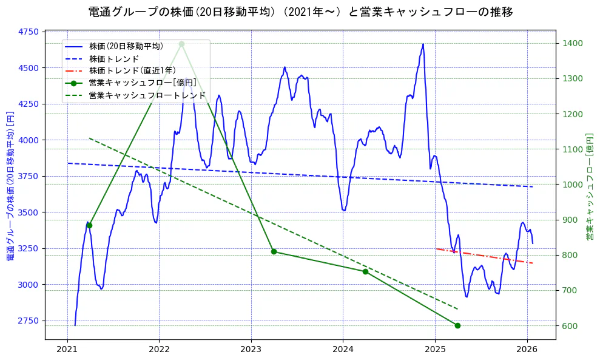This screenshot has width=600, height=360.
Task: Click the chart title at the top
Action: tap(300, 12)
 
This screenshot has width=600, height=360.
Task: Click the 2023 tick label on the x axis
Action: tap(251, 349)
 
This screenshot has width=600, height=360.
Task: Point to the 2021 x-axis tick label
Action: tap(67, 349)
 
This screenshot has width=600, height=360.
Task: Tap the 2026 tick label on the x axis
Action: tap(527, 349)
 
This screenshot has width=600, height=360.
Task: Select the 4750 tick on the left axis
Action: tap(29, 32)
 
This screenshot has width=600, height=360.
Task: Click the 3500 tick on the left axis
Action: tap(29, 212)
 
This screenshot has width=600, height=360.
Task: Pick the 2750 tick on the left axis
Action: tap(29, 321)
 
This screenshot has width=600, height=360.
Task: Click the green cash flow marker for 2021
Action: tap(89, 225)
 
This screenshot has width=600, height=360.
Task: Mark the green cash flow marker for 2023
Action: tap(274, 251)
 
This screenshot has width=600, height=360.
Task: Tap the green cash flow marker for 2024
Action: tap(365, 271)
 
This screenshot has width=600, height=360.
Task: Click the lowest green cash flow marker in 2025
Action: tap(457, 325)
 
